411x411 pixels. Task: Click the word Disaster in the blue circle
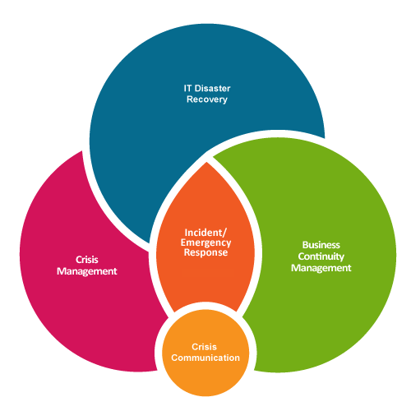tap(210, 86)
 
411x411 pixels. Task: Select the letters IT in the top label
tap(187, 86)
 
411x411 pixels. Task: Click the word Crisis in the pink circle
tap(87, 260)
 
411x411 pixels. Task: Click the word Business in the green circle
tap(321, 245)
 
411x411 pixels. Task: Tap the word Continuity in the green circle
tap(321, 256)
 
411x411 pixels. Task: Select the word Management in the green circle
tap(321, 268)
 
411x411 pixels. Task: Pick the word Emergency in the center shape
tap(205, 243)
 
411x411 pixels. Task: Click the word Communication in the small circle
tap(205, 358)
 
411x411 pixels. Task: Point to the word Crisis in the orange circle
tap(205, 347)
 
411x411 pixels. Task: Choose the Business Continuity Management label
tap(321, 256)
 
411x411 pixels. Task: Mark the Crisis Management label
tap(87, 265)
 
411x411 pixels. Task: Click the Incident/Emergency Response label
tap(205, 243)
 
